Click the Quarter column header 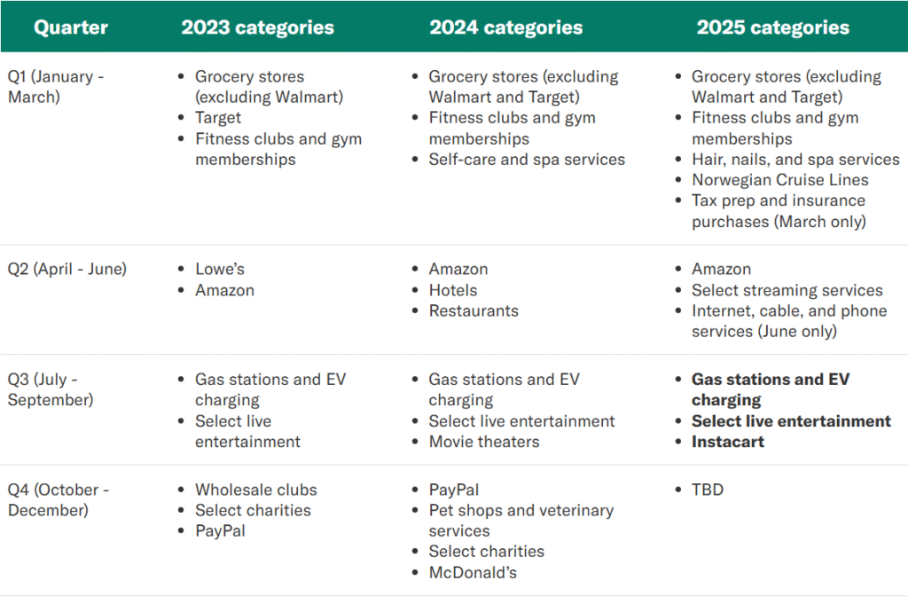71,27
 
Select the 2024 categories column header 505,27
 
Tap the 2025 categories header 772,27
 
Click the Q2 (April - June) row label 67,270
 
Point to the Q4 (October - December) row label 58,499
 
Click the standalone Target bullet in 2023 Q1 218,118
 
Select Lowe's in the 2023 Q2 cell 220,270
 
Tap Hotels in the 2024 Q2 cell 453,290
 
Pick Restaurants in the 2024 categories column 474,311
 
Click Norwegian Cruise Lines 780,180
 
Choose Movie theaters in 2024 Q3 484,442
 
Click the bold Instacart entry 728,442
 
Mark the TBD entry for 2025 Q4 708,490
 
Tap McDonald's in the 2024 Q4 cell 473,573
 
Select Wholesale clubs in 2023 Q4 256,490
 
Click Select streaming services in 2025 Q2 787,290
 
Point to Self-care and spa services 527,160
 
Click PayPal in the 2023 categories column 220,531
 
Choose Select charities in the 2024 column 487,551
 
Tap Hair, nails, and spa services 795,160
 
